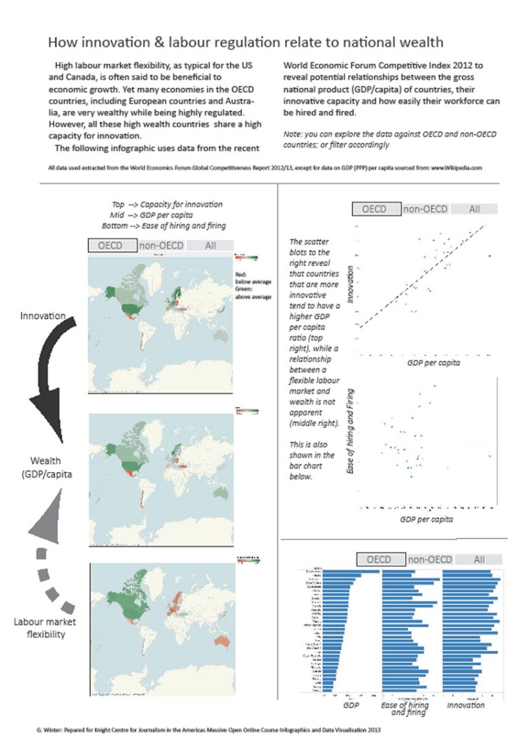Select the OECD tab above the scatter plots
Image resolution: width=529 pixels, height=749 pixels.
coord(376,209)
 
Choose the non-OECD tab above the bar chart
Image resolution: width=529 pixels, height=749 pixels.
coord(431,560)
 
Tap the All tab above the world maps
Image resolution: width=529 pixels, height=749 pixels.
coord(210,245)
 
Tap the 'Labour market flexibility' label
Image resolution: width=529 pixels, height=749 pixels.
coord(45,628)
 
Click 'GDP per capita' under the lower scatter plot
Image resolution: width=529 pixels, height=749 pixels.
coord(426,519)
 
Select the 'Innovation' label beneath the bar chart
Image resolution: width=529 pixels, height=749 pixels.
coord(466,705)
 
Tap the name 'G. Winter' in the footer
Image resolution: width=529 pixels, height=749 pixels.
coord(49,728)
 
